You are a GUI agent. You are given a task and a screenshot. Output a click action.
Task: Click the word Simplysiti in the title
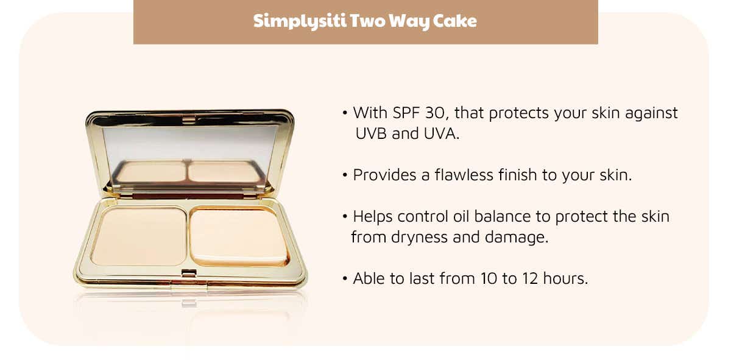[x=300, y=21]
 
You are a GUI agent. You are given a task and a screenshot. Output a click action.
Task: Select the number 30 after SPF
[x=435, y=113]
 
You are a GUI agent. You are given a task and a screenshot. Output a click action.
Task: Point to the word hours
[x=565, y=278]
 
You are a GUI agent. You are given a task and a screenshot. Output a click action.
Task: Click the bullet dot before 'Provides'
[x=345, y=175]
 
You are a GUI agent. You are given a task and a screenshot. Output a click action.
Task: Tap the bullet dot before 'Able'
[x=345, y=279]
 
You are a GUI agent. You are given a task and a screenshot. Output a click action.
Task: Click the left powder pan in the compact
[x=139, y=236]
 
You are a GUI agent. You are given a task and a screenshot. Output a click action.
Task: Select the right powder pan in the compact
[x=239, y=236]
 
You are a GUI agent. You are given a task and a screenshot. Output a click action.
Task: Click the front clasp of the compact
[x=189, y=273]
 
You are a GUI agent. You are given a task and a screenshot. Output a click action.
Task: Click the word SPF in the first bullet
[x=406, y=113]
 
